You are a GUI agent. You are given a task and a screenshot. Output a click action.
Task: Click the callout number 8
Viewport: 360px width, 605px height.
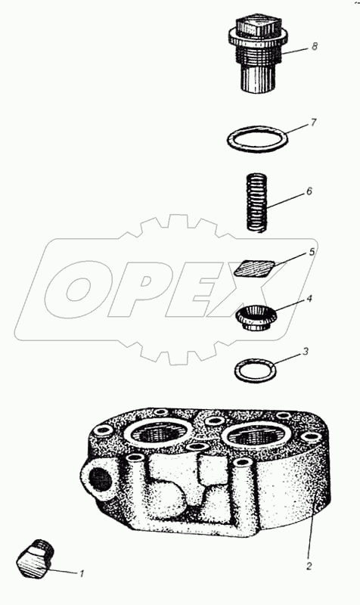tap(315, 48)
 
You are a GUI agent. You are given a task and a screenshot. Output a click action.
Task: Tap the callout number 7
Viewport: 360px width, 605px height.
tap(313, 123)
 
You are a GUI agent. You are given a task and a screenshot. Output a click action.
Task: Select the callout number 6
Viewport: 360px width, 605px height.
tap(309, 191)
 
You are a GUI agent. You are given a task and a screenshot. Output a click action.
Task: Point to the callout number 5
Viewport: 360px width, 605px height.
tap(312, 252)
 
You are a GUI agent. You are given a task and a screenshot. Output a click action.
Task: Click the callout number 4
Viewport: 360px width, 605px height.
tap(309, 299)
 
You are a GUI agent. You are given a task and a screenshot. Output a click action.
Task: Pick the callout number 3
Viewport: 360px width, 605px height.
tap(306, 352)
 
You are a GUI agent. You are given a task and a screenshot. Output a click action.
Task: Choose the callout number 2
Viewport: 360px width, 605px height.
tap(309, 566)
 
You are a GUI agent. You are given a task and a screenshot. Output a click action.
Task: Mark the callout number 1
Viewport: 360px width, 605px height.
tap(82, 573)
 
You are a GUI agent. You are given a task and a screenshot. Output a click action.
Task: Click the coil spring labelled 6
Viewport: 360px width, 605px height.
tap(256, 203)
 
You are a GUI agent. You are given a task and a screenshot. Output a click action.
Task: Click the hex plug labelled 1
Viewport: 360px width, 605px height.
tap(36, 559)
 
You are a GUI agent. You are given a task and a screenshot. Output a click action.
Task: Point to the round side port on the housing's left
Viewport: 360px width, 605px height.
tap(100, 479)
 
